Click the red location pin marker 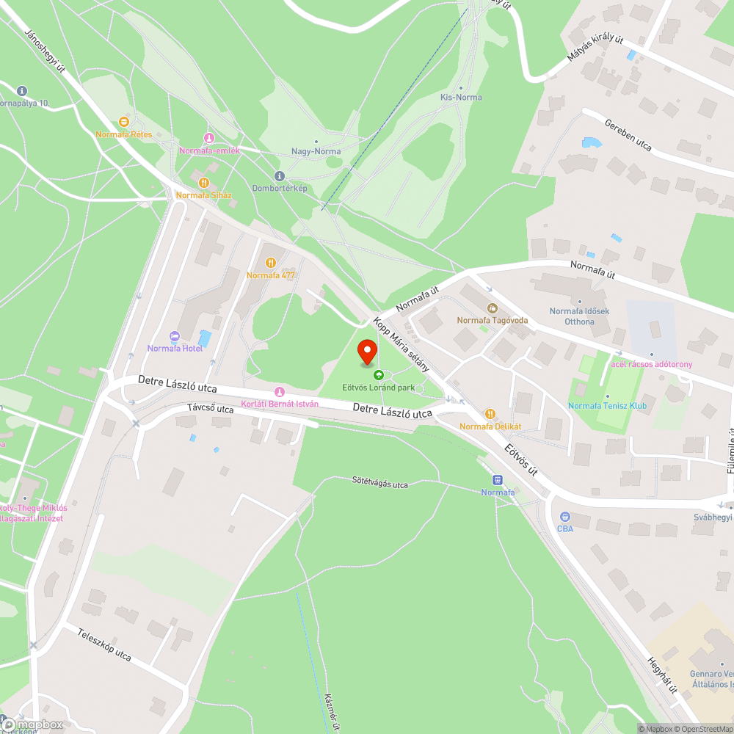click(x=367, y=352)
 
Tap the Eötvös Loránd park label click(x=379, y=387)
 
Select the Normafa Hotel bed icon click(x=175, y=336)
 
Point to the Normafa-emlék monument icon click(x=208, y=138)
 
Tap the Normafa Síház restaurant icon click(x=203, y=183)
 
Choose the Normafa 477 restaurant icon click(x=271, y=262)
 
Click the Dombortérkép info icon click(x=279, y=175)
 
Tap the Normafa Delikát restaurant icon click(x=490, y=414)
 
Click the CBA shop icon click(x=565, y=517)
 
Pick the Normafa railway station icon click(x=498, y=479)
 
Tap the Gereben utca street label click(x=628, y=132)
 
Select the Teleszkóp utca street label click(x=103, y=644)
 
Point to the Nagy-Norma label click(x=316, y=152)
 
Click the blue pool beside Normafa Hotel click(x=205, y=338)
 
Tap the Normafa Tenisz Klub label click(x=606, y=406)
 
